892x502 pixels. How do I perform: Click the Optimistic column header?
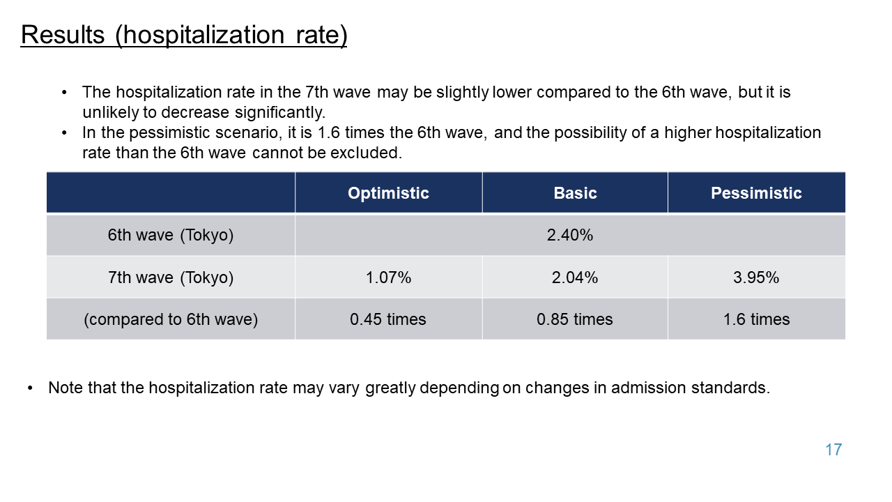coord(388,193)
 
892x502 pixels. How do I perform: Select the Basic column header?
coord(575,193)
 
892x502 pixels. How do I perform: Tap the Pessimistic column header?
coord(756,193)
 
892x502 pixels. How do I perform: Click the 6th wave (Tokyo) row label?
coord(171,235)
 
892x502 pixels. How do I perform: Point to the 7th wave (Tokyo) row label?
coord(171,277)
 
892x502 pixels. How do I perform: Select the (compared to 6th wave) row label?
coord(171,319)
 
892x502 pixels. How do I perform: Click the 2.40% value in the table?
coord(570,235)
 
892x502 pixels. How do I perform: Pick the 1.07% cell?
coord(388,277)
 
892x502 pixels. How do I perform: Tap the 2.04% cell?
coord(575,277)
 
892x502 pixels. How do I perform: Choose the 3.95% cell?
coord(756,277)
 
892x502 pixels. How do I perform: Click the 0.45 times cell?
coord(388,319)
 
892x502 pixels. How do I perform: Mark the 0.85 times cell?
coord(575,319)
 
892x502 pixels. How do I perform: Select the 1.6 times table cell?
coord(756,319)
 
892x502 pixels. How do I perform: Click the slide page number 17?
coord(833,450)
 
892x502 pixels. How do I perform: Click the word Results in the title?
coord(63,35)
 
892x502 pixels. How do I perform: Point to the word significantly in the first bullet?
coord(280,113)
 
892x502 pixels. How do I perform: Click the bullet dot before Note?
coord(30,388)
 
